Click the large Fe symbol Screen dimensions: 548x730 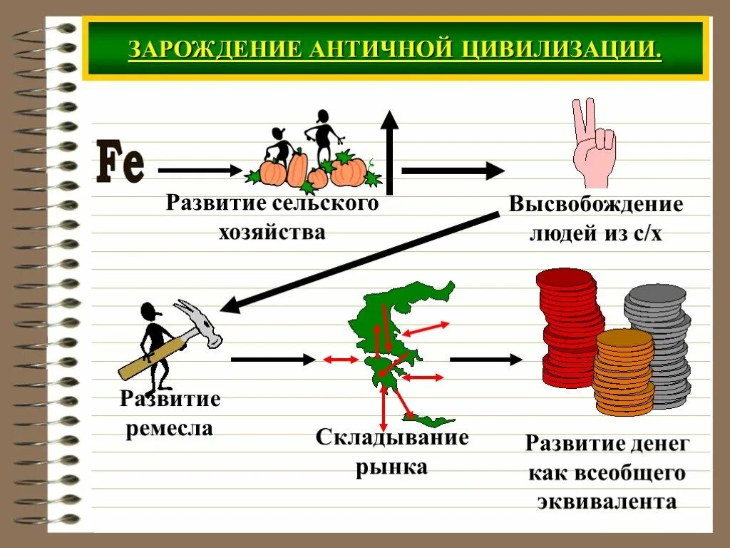[x=120, y=163]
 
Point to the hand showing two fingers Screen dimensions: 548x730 [x=592, y=146]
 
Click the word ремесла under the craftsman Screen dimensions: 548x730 [x=170, y=428]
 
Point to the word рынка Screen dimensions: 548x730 [x=391, y=467]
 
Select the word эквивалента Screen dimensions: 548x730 [x=606, y=501]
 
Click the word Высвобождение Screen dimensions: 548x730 [x=596, y=205]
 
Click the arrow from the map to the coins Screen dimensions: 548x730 [x=487, y=360]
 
